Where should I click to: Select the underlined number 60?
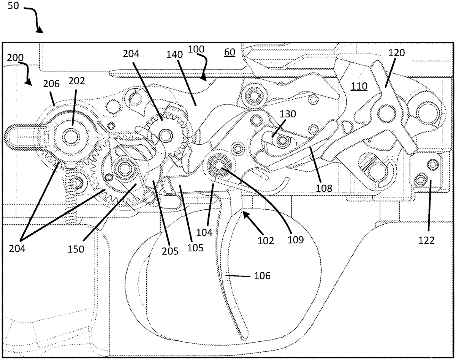(x=229, y=52)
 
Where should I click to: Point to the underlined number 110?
(x=359, y=86)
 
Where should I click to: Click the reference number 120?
(x=396, y=53)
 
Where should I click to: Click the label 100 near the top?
(x=195, y=49)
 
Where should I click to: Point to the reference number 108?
(x=326, y=188)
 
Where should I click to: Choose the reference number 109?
(x=297, y=240)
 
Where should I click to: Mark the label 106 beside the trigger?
(x=263, y=276)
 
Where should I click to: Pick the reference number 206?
(x=51, y=84)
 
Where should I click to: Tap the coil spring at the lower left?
(x=71, y=199)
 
